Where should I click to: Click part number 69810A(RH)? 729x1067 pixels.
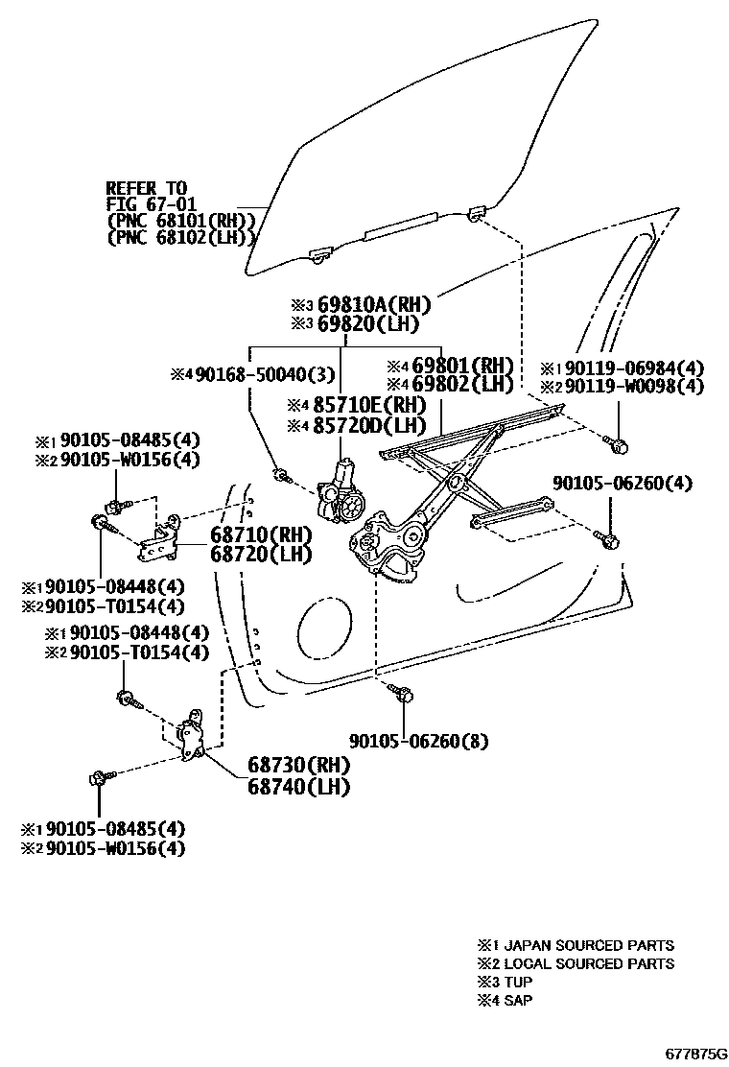(374, 306)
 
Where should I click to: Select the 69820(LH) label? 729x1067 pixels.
(368, 324)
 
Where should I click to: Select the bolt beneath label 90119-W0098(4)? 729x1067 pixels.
(617, 444)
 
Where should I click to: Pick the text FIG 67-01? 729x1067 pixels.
(146, 204)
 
